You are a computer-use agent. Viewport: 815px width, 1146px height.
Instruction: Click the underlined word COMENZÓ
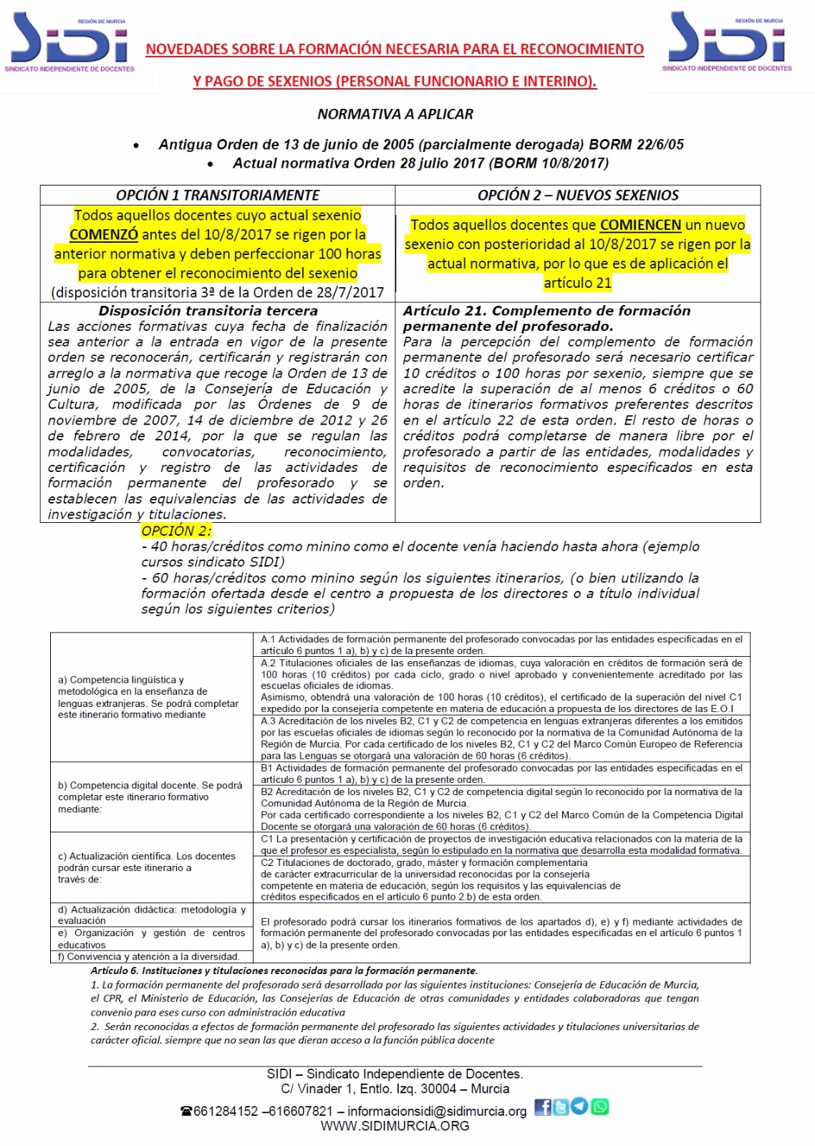coord(104,235)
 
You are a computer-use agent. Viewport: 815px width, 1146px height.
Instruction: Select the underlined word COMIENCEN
coord(640,225)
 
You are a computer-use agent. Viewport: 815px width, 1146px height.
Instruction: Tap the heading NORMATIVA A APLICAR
coord(395,114)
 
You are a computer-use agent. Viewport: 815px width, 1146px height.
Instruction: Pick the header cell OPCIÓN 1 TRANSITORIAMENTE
coord(218,195)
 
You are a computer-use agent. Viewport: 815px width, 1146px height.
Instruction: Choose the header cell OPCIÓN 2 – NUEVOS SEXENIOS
coord(578,195)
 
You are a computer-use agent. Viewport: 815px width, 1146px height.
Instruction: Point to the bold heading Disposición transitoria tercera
coord(208,311)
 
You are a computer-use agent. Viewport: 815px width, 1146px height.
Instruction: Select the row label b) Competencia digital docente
coord(150,796)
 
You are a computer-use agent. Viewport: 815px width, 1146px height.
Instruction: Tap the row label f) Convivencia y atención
coord(148,956)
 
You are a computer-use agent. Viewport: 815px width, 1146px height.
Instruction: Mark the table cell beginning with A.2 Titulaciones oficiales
coord(501,685)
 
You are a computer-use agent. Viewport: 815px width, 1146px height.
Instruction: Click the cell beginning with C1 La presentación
coord(501,844)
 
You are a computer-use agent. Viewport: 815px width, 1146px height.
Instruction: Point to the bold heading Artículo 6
coord(284,971)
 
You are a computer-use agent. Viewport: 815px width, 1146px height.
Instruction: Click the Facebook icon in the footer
coord(543,1107)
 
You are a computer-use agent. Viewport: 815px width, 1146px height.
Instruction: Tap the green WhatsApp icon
coord(600,1107)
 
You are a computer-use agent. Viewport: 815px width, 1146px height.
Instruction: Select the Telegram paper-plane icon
coord(581,1107)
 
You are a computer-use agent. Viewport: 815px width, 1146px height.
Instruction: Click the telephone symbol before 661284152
coord(187,1111)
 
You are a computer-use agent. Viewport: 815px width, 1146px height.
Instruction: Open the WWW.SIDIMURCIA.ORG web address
coord(395,1126)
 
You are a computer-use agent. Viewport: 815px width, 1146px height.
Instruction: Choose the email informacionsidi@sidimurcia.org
coord(437,1111)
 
